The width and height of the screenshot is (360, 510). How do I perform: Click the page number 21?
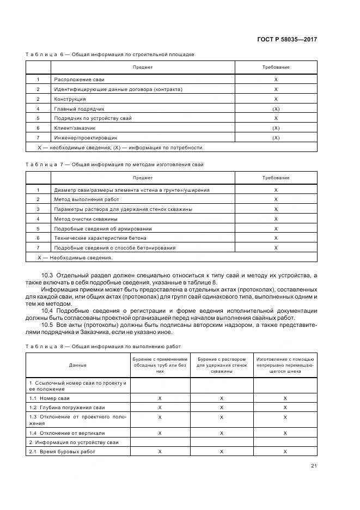pyautogui.click(x=314, y=465)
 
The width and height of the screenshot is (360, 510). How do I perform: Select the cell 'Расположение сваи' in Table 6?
pyautogui.click(x=75, y=80)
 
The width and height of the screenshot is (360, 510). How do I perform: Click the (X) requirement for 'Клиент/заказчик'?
pyautogui.click(x=276, y=128)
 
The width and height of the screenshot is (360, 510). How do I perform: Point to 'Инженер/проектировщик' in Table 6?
pyautogui.click(x=86, y=138)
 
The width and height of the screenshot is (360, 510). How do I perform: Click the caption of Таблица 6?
pyautogui.click(x=110, y=54)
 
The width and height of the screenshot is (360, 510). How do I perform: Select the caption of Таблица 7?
pyautogui.click(x=114, y=165)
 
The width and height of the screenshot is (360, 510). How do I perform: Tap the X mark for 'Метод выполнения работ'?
pyautogui.click(x=276, y=199)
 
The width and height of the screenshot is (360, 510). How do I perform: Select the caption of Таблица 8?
pyautogui.click(x=103, y=347)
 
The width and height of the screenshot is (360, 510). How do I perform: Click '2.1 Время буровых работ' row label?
pyautogui.click(x=62, y=452)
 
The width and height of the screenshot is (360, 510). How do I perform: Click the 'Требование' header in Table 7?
pyautogui.click(x=276, y=178)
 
